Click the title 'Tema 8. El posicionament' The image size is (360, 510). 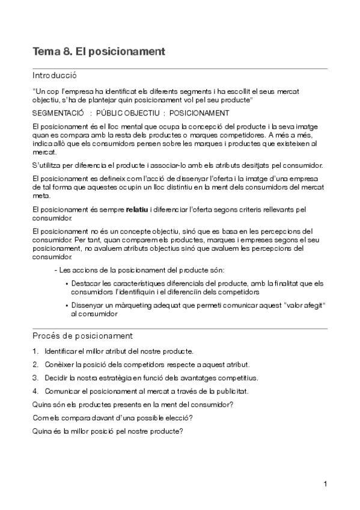(x=99, y=52)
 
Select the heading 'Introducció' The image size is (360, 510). (x=55, y=76)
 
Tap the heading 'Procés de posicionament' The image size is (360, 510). (x=82, y=336)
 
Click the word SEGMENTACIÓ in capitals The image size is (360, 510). (x=58, y=113)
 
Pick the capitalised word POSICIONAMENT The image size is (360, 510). (x=199, y=113)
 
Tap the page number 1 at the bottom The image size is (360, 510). (x=325, y=484)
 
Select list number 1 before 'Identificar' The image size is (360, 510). (x=35, y=351)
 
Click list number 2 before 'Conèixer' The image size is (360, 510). (x=35, y=364)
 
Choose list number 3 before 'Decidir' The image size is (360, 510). (x=35, y=378)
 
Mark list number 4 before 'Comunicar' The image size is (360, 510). (x=35, y=392)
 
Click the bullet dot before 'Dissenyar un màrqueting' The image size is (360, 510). (x=66, y=306)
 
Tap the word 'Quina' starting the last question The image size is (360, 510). (x=42, y=431)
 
